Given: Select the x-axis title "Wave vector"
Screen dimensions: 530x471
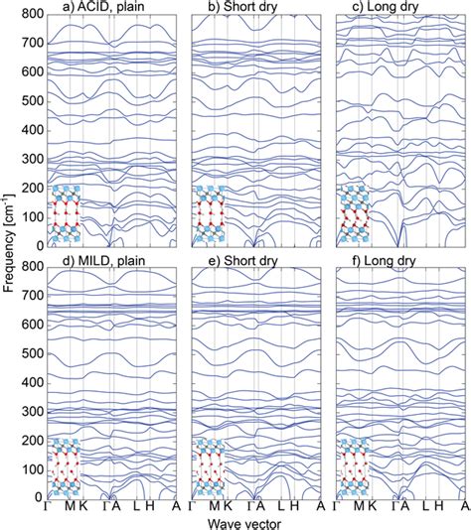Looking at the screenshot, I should click(252, 521).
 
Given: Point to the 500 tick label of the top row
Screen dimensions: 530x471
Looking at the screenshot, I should click(31, 101).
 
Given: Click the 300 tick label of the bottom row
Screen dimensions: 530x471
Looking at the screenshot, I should click(31, 410).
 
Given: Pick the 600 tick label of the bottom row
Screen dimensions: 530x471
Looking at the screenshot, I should click(31, 324).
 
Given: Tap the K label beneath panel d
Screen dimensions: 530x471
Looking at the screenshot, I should click(83, 506).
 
